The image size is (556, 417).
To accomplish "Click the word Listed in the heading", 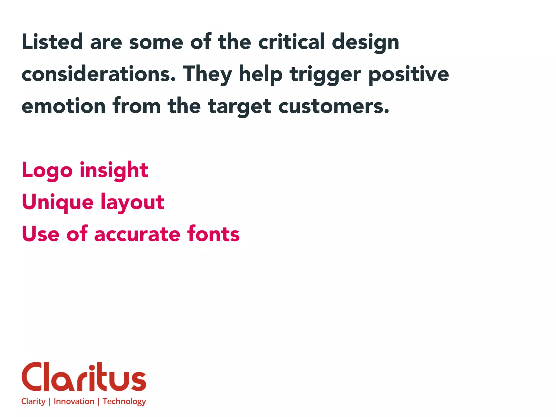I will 52,42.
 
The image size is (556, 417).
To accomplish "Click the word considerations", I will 99,74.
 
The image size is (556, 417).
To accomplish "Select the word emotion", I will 64,106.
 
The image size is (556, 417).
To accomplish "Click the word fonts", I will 213,234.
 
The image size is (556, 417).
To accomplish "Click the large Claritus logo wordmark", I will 84,377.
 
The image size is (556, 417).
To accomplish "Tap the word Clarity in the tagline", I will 33,402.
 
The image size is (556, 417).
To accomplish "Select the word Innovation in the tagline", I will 74,401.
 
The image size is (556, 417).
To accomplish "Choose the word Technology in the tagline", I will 124,402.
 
